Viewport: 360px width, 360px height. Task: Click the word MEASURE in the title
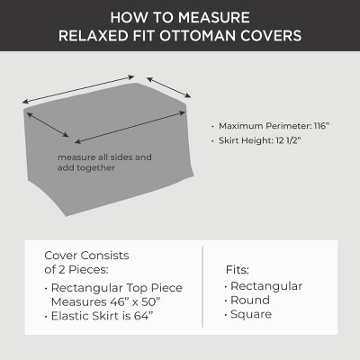[x=215, y=17]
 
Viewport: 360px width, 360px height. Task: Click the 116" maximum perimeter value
[x=321, y=126]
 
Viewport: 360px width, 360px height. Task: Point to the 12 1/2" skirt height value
[x=288, y=140]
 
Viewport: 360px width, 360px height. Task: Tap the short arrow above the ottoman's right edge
[x=168, y=87]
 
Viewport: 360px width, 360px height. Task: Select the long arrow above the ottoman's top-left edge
[x=78, y=89]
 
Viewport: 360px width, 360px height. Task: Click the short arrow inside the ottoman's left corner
[x=48, y=124]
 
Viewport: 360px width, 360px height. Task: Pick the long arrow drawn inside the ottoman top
[x=130, y=127]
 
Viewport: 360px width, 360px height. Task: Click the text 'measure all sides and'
[x=104, y=157]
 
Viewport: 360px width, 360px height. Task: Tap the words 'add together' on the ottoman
[x=86, y=167]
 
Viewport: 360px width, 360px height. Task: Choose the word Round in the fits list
[x=250, y=300]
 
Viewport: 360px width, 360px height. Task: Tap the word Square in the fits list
[x=251, y=314]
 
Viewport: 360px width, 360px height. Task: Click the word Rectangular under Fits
[x=266, y=286]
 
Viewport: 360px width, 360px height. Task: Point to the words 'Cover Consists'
[x=86, y=256]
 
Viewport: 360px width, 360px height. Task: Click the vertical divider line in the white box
[x=202, y=287]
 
